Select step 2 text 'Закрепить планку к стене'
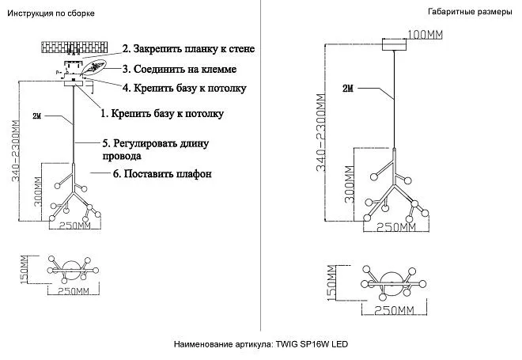[x=188, y=49]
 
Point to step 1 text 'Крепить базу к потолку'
[x=162, y=113]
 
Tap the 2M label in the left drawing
[x=37, y=116]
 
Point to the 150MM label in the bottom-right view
[x=332, y=284]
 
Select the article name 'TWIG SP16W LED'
[x=311, y=345]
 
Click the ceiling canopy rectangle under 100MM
[x=394, y=44]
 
